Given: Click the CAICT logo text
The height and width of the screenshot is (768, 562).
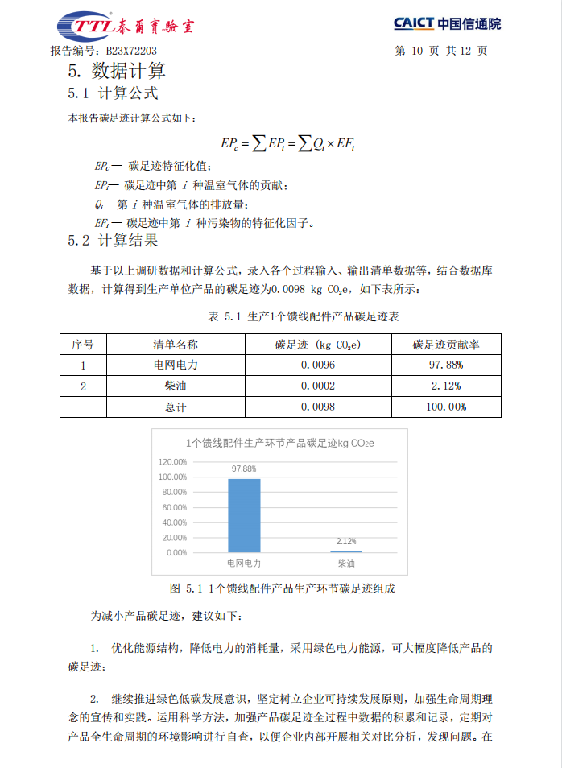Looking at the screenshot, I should coord(447,24).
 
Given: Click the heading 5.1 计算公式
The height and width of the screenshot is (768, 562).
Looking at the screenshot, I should coord(114,93).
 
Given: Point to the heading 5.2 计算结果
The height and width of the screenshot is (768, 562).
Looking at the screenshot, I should coord(114,240).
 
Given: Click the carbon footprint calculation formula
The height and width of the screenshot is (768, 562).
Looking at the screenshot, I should coord(287,143).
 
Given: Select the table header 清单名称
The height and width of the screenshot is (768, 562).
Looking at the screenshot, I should coord(176,345).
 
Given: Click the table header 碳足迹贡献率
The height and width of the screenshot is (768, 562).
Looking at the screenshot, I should coord(445,345).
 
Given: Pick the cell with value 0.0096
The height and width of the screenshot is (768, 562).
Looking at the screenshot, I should coord(318,365).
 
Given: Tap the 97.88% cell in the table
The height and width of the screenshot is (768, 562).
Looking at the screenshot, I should coord(445,365).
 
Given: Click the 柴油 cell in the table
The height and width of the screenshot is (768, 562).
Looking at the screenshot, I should coord(176,386).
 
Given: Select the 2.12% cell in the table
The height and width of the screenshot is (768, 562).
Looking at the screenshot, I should coord(445,386).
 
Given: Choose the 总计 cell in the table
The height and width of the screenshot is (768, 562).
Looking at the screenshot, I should coord(176,407).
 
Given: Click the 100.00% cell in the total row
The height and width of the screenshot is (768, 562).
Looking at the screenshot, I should coord(445,407).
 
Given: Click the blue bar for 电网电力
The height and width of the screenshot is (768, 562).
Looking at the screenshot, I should coord(244,515).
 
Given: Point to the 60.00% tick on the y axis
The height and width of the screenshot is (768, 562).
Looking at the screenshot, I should coord(171,507).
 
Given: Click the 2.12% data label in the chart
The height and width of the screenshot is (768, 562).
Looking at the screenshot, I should coord(346,542).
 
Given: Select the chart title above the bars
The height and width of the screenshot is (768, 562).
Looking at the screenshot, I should coord(280,443).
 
